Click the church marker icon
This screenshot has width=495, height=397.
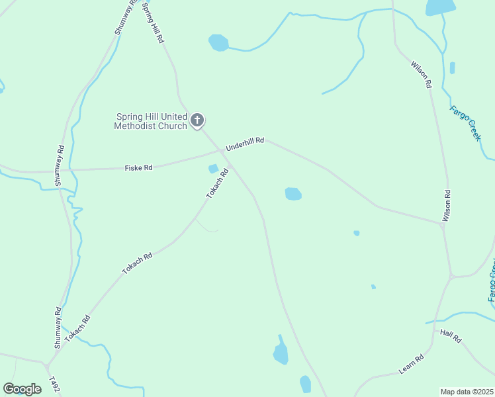pyautogui.click(x=197, y=120)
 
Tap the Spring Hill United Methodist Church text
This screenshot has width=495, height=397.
pyautogui.click(x=150, y=121)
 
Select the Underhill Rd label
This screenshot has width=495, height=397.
pyautogui.click(x=245, y=144)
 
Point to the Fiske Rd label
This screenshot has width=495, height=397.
pyautogui.click(x=138, y=168)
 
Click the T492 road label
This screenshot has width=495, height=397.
pyautogui.click(x=55, y=385)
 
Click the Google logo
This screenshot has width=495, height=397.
pyautogui.click(x=22, y=389)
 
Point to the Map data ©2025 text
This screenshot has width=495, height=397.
pyautogui.click(x=467, y=392)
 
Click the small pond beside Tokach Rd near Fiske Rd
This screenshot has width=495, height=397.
pyautogui.click(x=213, y=169)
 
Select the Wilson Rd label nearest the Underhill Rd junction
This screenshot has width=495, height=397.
pyautogui.click(x=447, y=206)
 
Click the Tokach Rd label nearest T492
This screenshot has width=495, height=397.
pyautogui.click(x=77, y=329)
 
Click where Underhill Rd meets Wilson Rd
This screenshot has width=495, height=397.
pyautogui.click(x=441, y=224)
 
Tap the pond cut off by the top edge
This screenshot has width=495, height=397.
pyautogui.click(x=440, y=7)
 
